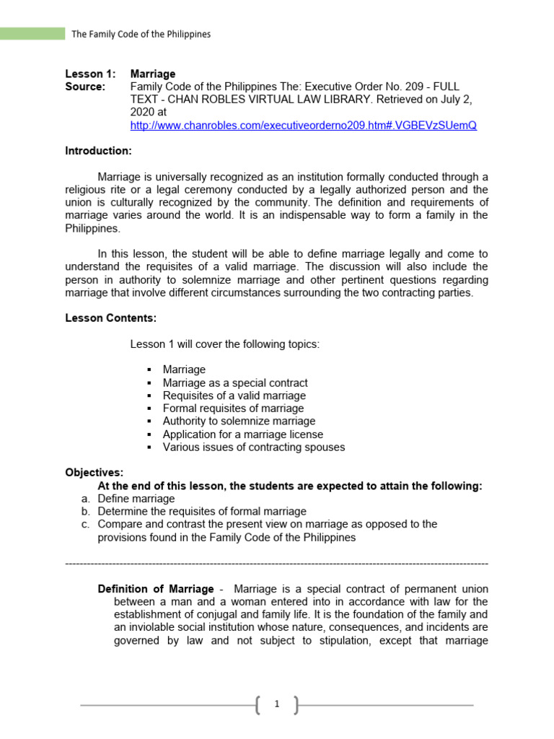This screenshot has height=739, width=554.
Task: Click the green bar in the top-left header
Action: coord(32,33)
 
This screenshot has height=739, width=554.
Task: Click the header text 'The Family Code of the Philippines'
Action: coord(141,34)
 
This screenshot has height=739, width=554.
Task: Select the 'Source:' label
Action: coord(85,87)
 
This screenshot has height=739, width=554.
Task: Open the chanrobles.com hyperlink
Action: coord(303,126)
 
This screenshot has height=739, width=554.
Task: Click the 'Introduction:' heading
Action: coord(99,151)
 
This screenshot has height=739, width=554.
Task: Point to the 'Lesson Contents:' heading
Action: coord(110,318)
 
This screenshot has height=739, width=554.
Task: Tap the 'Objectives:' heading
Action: coord(94,473)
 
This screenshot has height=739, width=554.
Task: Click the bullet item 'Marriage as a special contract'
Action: coord(235,382)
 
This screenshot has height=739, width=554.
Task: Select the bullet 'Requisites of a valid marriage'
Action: coord(234,395)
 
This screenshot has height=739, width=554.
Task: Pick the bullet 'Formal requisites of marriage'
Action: coord(233,408)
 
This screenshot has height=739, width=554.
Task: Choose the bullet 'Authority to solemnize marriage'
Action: coord(239,421)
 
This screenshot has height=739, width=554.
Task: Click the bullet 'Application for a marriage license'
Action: coord(242,434)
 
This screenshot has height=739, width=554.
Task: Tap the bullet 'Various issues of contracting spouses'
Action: coord(253,447)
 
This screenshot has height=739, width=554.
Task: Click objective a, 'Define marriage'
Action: coord(136,499)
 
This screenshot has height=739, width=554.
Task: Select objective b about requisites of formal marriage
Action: coord(201,511)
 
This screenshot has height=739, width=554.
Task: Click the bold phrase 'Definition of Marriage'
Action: coord(156,589)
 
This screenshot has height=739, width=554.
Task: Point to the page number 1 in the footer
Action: coord(276,705)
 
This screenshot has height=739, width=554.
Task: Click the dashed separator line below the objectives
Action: coord(276,563)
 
